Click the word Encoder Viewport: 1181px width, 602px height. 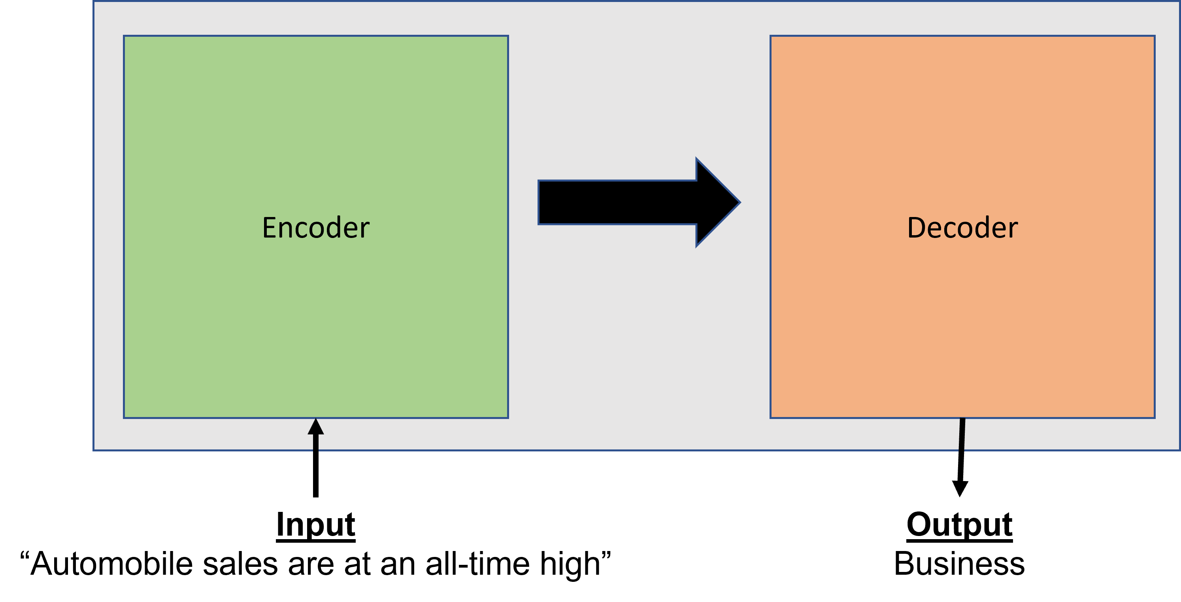point(315,227)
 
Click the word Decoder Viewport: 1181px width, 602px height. point(962,227)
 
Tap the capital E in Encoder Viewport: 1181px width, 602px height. point(270,227)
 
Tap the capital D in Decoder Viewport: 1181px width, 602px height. point(916,227)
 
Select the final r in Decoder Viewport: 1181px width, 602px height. point(1013,229)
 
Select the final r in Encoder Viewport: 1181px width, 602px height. point(365,229)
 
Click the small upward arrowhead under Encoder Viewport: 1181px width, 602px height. point(316,427)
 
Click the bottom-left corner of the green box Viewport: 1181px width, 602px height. point(124,417)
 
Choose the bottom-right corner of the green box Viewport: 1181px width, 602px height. point(508,417)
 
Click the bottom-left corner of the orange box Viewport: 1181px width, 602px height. point(771,417)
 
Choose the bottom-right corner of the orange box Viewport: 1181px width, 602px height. point(1155,417)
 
